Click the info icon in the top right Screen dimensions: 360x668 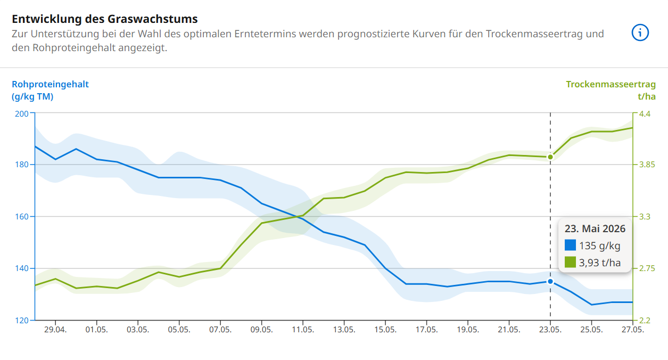(x=640, y=33)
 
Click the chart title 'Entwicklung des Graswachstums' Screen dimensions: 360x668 (x=105, y=19)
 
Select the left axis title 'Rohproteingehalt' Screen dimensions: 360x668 (x=50, y=84)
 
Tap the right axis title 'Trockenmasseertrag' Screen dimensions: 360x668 (x=611, y=84)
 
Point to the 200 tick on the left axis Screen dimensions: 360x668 (x=21, y=113)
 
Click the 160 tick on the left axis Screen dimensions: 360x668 (x=21, y=217)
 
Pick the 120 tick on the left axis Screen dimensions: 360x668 (x=21, y=321)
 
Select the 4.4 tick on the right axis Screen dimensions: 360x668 (x=645, y=113)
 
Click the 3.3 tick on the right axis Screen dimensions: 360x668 (x=645, y=217)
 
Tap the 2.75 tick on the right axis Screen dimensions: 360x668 (x=647, y=268)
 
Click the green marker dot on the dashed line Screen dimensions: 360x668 (x=550, y=157)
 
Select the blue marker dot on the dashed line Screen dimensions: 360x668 (x=550, y=281)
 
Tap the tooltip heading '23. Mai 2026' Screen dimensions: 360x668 (x=595, y=229)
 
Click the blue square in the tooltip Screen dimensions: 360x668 (x=570, y=246)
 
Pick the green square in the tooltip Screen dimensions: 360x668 (x=570, y=262)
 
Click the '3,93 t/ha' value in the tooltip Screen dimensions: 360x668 (x=600, y=262)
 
